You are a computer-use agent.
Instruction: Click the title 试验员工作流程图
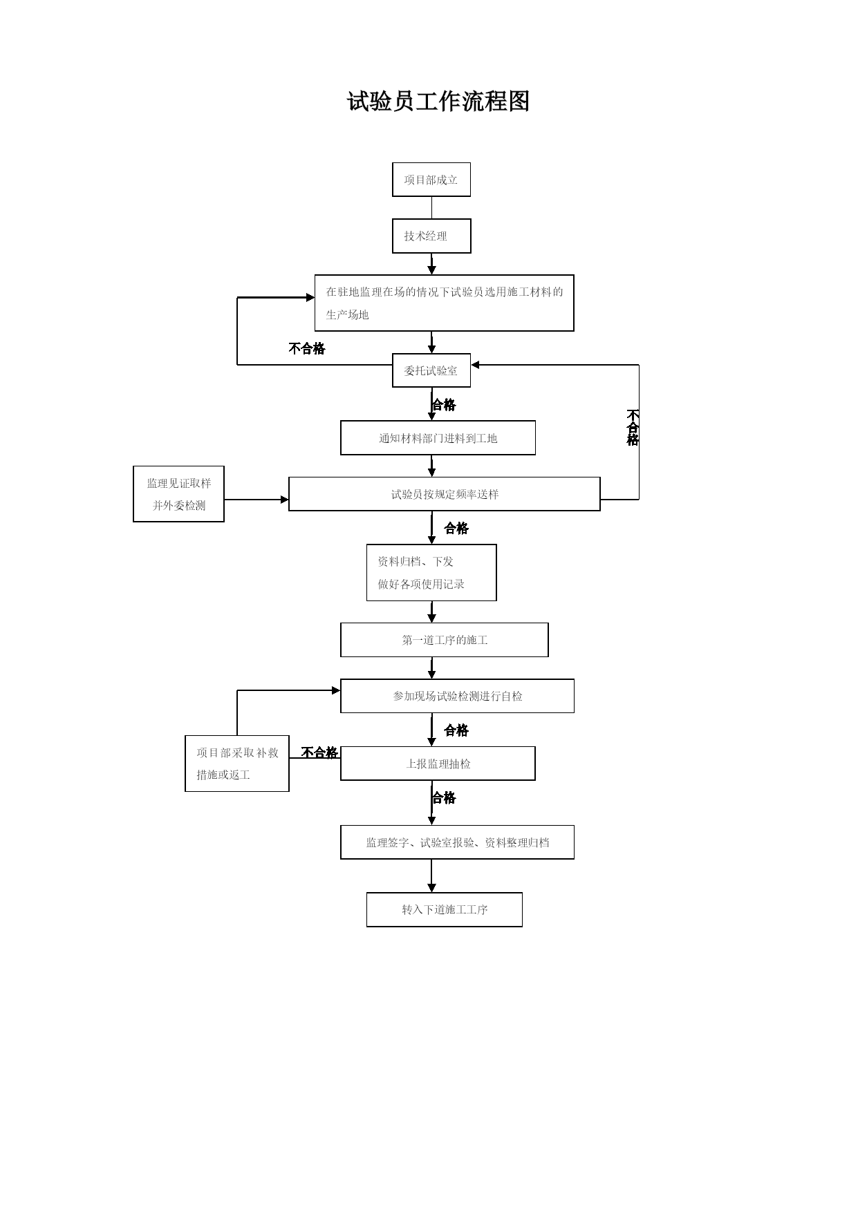(438, 102)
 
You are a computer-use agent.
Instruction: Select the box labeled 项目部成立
(431, 180)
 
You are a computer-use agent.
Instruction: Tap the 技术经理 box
(431, 236)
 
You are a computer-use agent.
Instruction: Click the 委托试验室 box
(431, 370)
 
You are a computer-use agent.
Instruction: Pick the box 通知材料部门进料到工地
(438, 438)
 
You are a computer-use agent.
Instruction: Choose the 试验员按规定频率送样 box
(445, 494)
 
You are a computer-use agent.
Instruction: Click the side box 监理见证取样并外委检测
(178, 494)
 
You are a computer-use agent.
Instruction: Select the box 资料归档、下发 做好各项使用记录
(431, 573)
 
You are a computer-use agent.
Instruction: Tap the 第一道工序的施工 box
(445, 640)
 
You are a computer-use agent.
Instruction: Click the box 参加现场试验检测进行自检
(457, 696)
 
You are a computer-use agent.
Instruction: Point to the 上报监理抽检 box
(438, 764)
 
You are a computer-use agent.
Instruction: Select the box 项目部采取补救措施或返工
(237, 764)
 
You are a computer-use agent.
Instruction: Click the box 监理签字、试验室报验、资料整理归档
(457, 842)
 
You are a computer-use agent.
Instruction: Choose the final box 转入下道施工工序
(445, 909)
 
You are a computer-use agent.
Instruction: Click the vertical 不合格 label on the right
(633, 428)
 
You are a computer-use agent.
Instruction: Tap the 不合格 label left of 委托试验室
(307, 348)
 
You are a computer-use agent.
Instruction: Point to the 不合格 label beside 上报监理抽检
(319, 752)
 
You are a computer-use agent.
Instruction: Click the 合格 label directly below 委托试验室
(444, 405)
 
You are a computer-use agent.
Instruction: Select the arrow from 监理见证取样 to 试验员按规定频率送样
(257, 500)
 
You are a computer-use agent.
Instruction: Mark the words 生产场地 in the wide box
(347, 315)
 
